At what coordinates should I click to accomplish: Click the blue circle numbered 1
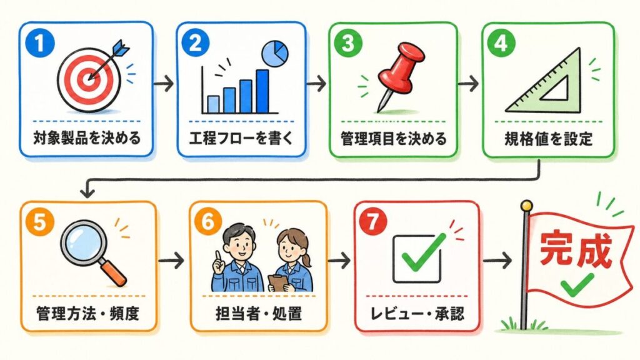[x=39, y=43]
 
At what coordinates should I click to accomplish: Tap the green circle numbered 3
[x=348, y=43]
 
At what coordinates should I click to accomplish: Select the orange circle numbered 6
[x=208, y=222]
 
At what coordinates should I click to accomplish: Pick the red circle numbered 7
[x=372, y=222]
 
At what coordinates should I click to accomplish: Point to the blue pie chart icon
[x=275, y=54]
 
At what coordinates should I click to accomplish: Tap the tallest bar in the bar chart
[x=262, y=91]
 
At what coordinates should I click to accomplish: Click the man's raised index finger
[x=218, y=256]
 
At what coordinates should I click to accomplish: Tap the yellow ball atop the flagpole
[x=526, y=205]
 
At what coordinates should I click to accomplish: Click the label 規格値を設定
[x=548, y=139]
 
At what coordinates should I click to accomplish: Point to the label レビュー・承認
[x=417, y=314]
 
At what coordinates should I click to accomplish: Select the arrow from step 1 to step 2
[x=164, y=84]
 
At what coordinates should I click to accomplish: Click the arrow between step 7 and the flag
[x=497, y=260]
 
